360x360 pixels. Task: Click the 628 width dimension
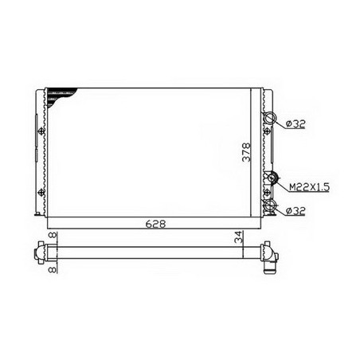pyautogui.click(x=155, y=224)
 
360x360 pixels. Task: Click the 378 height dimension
pyautogui.click(x=246, y=152)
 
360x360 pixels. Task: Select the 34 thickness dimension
pyautogui.click(x=239, y=237)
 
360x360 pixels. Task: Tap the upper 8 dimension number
pyautogui.click(x=53, y=235)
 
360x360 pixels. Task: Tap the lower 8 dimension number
pyautogui.click(x=53, y=270)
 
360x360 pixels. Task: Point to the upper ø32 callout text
pyautogui.click(x=295, y=124)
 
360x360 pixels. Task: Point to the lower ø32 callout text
pyautogui.click(x=295, y=211)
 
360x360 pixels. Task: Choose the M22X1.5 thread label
pyautogui.click(x=309, y=187)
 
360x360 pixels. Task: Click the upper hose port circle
pyautogui.click(x=270, y=112)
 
